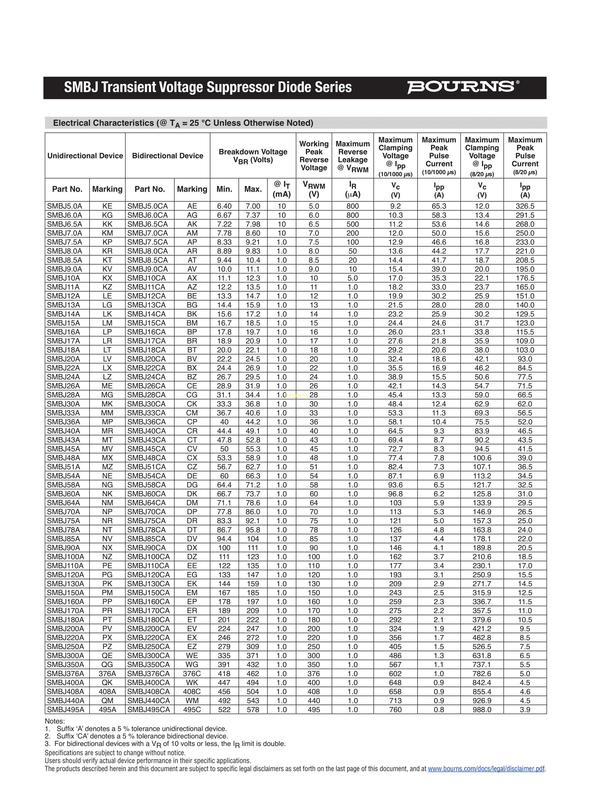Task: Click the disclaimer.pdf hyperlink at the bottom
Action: [486, 769]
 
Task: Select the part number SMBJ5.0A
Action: [64, 206]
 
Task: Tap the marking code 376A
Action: [107, 674]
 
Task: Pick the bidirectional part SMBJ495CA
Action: [149, 709]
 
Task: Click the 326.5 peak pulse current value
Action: [525, 206]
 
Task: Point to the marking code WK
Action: [192, 682]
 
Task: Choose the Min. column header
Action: [224, 189]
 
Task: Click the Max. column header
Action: [253, 189]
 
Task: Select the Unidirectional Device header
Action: [85, 156]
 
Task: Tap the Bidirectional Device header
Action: [167, 156]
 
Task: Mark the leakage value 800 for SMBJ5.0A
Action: [353, 206]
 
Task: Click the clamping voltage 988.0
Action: [482, 709]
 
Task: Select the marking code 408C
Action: [192, 691]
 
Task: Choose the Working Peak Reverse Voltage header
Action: [314, 156]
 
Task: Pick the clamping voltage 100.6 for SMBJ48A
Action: [482, 458]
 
